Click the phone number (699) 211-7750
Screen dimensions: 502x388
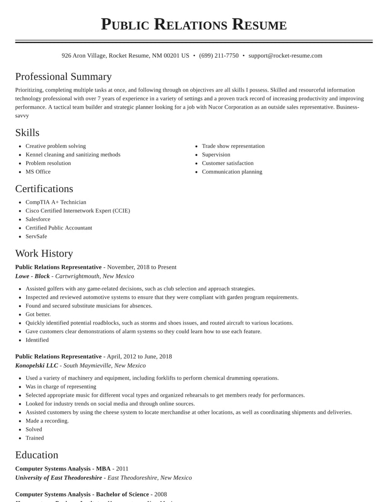coord(219,56)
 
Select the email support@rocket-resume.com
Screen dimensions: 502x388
coord(285,56)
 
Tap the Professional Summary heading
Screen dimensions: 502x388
coord(64,77)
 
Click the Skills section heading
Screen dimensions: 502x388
coord(27,132)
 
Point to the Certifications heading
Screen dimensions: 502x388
coord(44,189)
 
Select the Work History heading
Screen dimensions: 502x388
coord(44,253)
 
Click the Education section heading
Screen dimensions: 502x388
coord(37,455)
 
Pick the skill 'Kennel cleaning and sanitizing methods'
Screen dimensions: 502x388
coord(73,155)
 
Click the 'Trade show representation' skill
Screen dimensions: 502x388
coord(233,146)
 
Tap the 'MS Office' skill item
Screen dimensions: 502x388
coord(38,172)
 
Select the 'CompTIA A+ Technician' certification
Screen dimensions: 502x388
coord(56,202)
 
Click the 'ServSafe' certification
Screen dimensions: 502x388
coord(36,237)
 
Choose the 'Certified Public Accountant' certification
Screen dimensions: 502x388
coord(59,228)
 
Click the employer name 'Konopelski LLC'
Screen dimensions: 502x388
coord(36,366)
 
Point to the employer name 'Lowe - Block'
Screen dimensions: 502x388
coord(32,276)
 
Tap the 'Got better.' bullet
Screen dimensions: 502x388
coord(38,314)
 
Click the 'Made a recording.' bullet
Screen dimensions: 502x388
coord(47,421)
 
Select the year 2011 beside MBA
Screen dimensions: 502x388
coord(122,469)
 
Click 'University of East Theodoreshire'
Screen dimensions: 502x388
coord(59,478)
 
